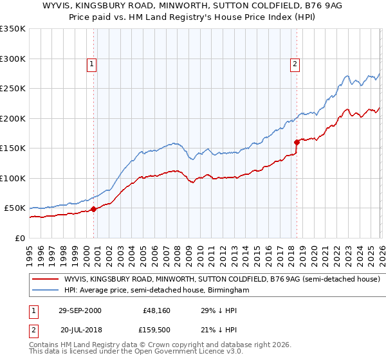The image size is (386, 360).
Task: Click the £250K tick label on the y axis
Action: point(12,89)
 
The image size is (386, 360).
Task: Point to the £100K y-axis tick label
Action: point(12,179)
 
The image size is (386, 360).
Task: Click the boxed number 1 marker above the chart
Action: point(91,64)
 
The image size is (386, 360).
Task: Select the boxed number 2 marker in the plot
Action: point(295,64)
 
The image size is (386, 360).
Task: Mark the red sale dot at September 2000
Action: point(94,209)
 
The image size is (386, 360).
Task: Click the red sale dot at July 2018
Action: point(297,142)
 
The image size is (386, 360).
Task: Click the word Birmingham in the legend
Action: point(226,291)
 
